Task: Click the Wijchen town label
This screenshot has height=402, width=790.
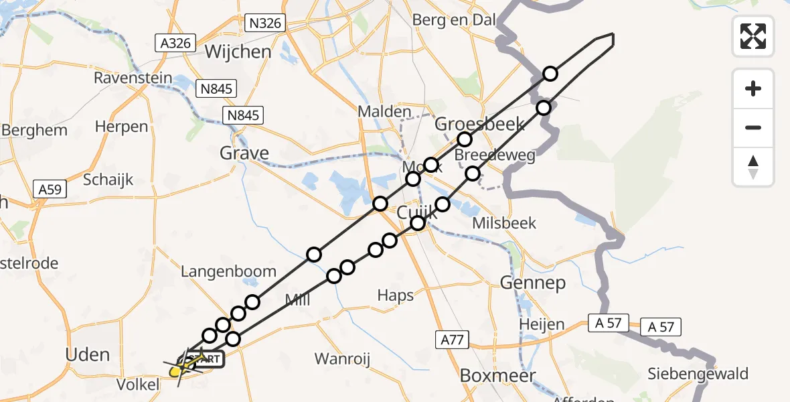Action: (238, 52)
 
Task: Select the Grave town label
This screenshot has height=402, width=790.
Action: (244, 153)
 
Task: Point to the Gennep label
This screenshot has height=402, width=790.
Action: (533, 283)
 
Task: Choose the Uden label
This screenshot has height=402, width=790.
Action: (88, 354)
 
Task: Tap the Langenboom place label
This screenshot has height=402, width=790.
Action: (228, 271)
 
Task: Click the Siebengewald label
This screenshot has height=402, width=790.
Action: (698, 373)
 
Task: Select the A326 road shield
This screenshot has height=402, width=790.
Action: (176, 44)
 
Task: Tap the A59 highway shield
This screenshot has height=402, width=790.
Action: (50, 190)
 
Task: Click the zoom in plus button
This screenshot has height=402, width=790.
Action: (753, 88)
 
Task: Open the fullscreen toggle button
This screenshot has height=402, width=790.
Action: (753, 36)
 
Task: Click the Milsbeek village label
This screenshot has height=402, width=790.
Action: (504, 222)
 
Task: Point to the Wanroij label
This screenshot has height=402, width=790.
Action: (342, 358)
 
